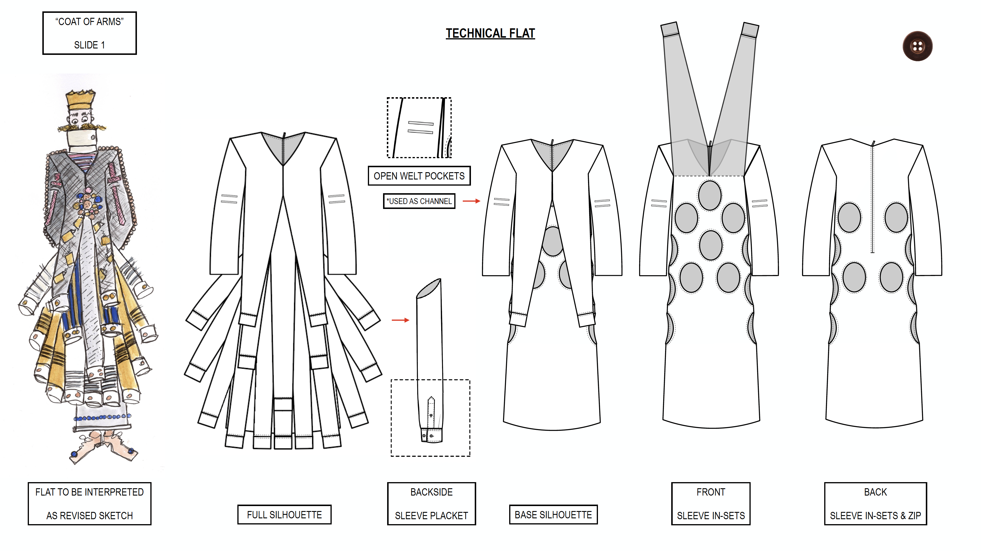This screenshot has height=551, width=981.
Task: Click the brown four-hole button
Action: coord(917,46)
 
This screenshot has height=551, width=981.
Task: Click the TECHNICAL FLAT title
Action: coord(490,34)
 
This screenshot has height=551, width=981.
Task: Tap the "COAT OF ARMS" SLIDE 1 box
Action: coord(90,33)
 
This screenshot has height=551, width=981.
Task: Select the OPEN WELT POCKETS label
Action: coord(419,176)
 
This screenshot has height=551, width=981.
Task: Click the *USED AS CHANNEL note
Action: coord(419,201)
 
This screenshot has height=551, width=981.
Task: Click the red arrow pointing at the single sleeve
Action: coord(400,320)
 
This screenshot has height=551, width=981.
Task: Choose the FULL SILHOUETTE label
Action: coord(284,515)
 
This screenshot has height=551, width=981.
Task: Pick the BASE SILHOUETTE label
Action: coord(553,515)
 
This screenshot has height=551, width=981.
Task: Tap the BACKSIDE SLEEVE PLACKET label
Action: coord(432,504)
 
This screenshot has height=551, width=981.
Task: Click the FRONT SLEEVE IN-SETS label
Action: coord(711,504)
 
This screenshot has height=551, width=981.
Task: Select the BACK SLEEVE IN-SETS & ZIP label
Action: coord(875,504)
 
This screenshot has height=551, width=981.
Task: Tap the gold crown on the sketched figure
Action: coord(80,100)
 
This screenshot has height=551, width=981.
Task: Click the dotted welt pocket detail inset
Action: coord(419,128)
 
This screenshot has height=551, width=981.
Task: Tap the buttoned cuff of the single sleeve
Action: coord(432,435)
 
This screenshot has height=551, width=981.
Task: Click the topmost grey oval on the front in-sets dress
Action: coord(709,195)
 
